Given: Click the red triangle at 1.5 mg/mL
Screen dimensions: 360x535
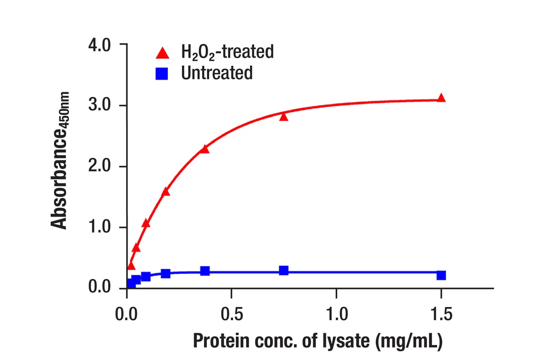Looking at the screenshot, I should tap(441, 98).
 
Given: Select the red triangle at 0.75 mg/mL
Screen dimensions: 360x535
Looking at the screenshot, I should tap(284, 116).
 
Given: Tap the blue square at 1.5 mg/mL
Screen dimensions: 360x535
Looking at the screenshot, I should tap(441, 275).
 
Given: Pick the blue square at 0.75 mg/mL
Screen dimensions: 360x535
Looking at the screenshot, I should tap(284, 270).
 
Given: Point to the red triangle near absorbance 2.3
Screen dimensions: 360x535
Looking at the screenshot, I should tap(205, 149).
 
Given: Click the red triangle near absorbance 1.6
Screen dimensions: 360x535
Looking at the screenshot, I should tap(166, 192).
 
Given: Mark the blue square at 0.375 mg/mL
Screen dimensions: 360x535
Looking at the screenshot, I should tap(205, 271).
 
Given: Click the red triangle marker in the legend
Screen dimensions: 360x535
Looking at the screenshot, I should tap(163, 52).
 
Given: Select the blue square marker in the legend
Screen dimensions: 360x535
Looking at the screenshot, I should tap(162, 74).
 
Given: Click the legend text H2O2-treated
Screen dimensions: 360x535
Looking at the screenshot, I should tap(227, 52).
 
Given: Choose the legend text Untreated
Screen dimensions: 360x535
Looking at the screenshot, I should tap(217, 74).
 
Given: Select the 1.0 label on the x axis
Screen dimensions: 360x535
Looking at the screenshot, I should tap(336, 314).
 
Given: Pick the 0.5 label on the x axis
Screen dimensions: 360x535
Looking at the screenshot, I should tap(231, 314).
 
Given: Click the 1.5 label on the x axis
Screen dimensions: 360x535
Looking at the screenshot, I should tap(441, 314).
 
